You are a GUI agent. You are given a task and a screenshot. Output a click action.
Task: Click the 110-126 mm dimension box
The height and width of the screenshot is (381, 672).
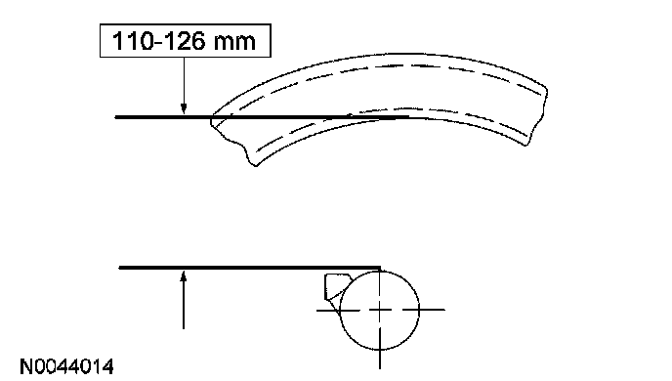point(186,41)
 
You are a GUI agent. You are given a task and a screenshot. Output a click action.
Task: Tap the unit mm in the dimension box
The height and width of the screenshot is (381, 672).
point(234,43)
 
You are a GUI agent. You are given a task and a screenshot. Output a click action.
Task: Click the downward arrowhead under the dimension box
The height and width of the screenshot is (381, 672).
point(184,108)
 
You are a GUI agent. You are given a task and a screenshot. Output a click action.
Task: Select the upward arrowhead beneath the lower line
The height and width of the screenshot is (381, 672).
point(184,276)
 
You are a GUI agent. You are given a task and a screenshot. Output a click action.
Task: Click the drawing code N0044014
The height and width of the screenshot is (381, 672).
point(66,367)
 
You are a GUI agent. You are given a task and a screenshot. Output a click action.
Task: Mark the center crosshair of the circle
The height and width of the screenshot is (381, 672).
point(380,310)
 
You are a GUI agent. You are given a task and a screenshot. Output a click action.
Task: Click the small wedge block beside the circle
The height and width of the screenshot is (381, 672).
point(334,286)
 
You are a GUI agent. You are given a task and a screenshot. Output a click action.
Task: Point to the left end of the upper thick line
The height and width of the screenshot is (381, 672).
point(115,117)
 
